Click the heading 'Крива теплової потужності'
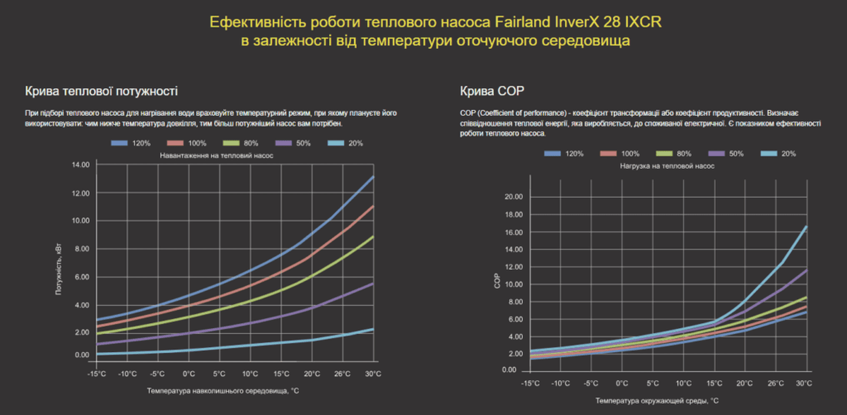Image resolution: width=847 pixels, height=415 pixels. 101,91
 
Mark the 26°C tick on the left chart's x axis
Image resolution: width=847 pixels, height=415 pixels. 342,374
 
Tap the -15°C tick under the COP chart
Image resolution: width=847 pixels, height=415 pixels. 530,383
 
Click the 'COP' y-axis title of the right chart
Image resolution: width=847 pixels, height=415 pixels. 498,283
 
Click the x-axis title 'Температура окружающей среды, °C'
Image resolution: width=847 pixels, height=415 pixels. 656,400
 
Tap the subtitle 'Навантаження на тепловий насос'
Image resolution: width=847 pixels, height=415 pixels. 216,155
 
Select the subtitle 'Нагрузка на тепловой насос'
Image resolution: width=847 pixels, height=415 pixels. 667,166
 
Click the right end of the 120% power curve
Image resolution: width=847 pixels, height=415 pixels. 374,176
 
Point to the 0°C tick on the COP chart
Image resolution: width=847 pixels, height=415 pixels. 622,383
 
